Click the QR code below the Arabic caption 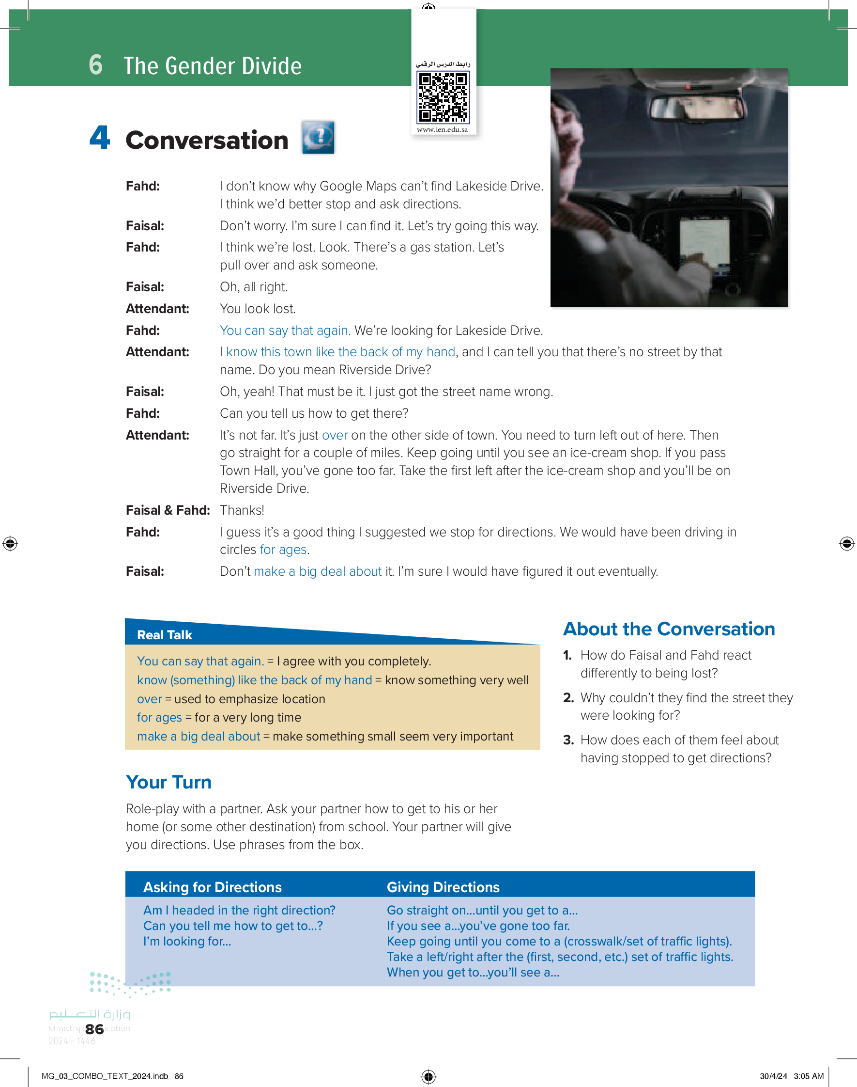[443, 97]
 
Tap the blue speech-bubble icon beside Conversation [318, 137]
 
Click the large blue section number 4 [100, 138]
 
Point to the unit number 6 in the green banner [96, 65]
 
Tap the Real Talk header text [164, 635]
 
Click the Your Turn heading [168, 782]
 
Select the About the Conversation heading [669, 629]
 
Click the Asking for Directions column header [212, 887]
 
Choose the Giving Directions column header [443, 887]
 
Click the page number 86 [94, 1029]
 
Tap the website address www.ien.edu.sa [442, 129]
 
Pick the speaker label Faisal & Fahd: [168, 510]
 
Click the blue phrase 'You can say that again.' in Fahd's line [285, 331]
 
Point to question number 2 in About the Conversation [568, 698]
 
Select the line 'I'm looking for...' [187, 942]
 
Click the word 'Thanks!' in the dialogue [242, 510]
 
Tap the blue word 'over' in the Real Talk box [149, 699]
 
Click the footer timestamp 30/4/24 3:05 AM [791, 1076]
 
